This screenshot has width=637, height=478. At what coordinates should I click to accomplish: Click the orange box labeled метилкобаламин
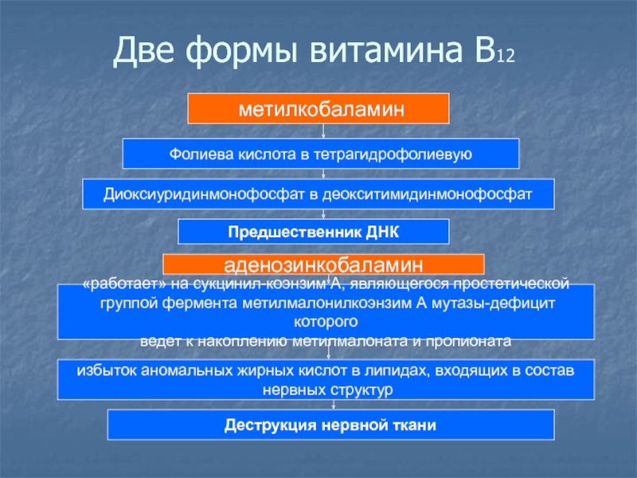(x=318, y=108)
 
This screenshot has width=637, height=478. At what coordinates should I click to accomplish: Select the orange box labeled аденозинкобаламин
(x=323, y=264)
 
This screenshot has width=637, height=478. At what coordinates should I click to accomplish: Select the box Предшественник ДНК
(x=313, y=232)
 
